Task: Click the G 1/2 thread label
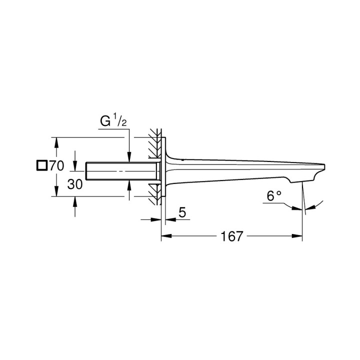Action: click(113, 121)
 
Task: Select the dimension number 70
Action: click(57, 166)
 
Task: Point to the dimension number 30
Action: click(74, 184)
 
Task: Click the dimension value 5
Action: click(182, 212)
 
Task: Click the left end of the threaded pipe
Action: click(87, 171)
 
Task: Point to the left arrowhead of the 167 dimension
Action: click(164, 236)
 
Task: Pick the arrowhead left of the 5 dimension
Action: click(157, 218)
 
